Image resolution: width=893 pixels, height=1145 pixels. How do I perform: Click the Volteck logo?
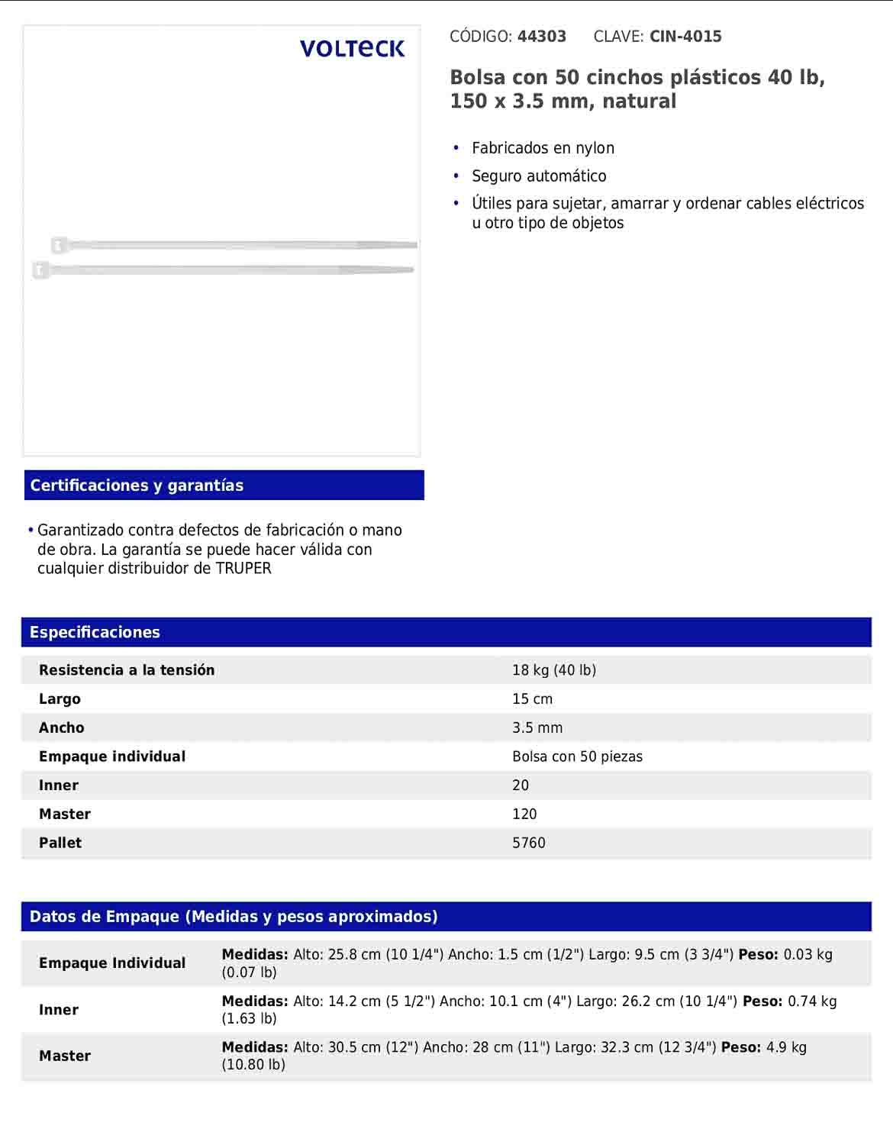(x=352, y=49)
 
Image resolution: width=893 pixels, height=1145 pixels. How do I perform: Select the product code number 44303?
(x=541, y=37)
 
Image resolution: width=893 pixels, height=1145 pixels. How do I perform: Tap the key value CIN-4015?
(x=685, y=37)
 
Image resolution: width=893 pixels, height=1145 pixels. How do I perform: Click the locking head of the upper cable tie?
(x=58, y=245)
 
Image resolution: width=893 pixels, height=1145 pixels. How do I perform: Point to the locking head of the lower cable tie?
(x=40, y=269)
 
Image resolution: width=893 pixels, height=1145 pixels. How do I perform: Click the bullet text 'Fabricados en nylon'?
(x=543, y=148)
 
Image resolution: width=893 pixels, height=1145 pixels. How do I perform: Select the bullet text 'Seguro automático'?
(x=539, y=176)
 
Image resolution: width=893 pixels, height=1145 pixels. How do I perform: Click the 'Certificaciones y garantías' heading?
(x=137, y=485)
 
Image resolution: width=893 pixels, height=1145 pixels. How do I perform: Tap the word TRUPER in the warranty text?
(x=243, y=569)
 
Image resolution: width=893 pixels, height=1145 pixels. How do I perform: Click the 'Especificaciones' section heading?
(x=95, y=632)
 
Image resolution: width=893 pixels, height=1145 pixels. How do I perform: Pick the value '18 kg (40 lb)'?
(x=554, y=670)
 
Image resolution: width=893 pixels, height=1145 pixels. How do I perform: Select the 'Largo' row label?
(x=60, y=699)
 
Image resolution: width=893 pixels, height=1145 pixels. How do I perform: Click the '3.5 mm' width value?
(x=537, y=728)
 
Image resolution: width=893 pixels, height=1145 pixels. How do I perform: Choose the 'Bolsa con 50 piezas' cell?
(x=577, y=756)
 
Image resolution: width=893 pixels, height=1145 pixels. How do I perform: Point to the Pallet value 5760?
(x=529, y=843)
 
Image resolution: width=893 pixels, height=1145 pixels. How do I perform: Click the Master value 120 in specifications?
(x=524, y=814)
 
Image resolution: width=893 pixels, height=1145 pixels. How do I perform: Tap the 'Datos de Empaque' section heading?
(x=234, y=917)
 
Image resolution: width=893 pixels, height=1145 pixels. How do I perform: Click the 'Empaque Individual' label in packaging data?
(x=112, y=963)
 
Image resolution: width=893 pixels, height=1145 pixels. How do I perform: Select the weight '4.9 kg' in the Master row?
(x=786, y=1047)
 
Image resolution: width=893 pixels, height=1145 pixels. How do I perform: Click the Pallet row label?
(x=60, y=843)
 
